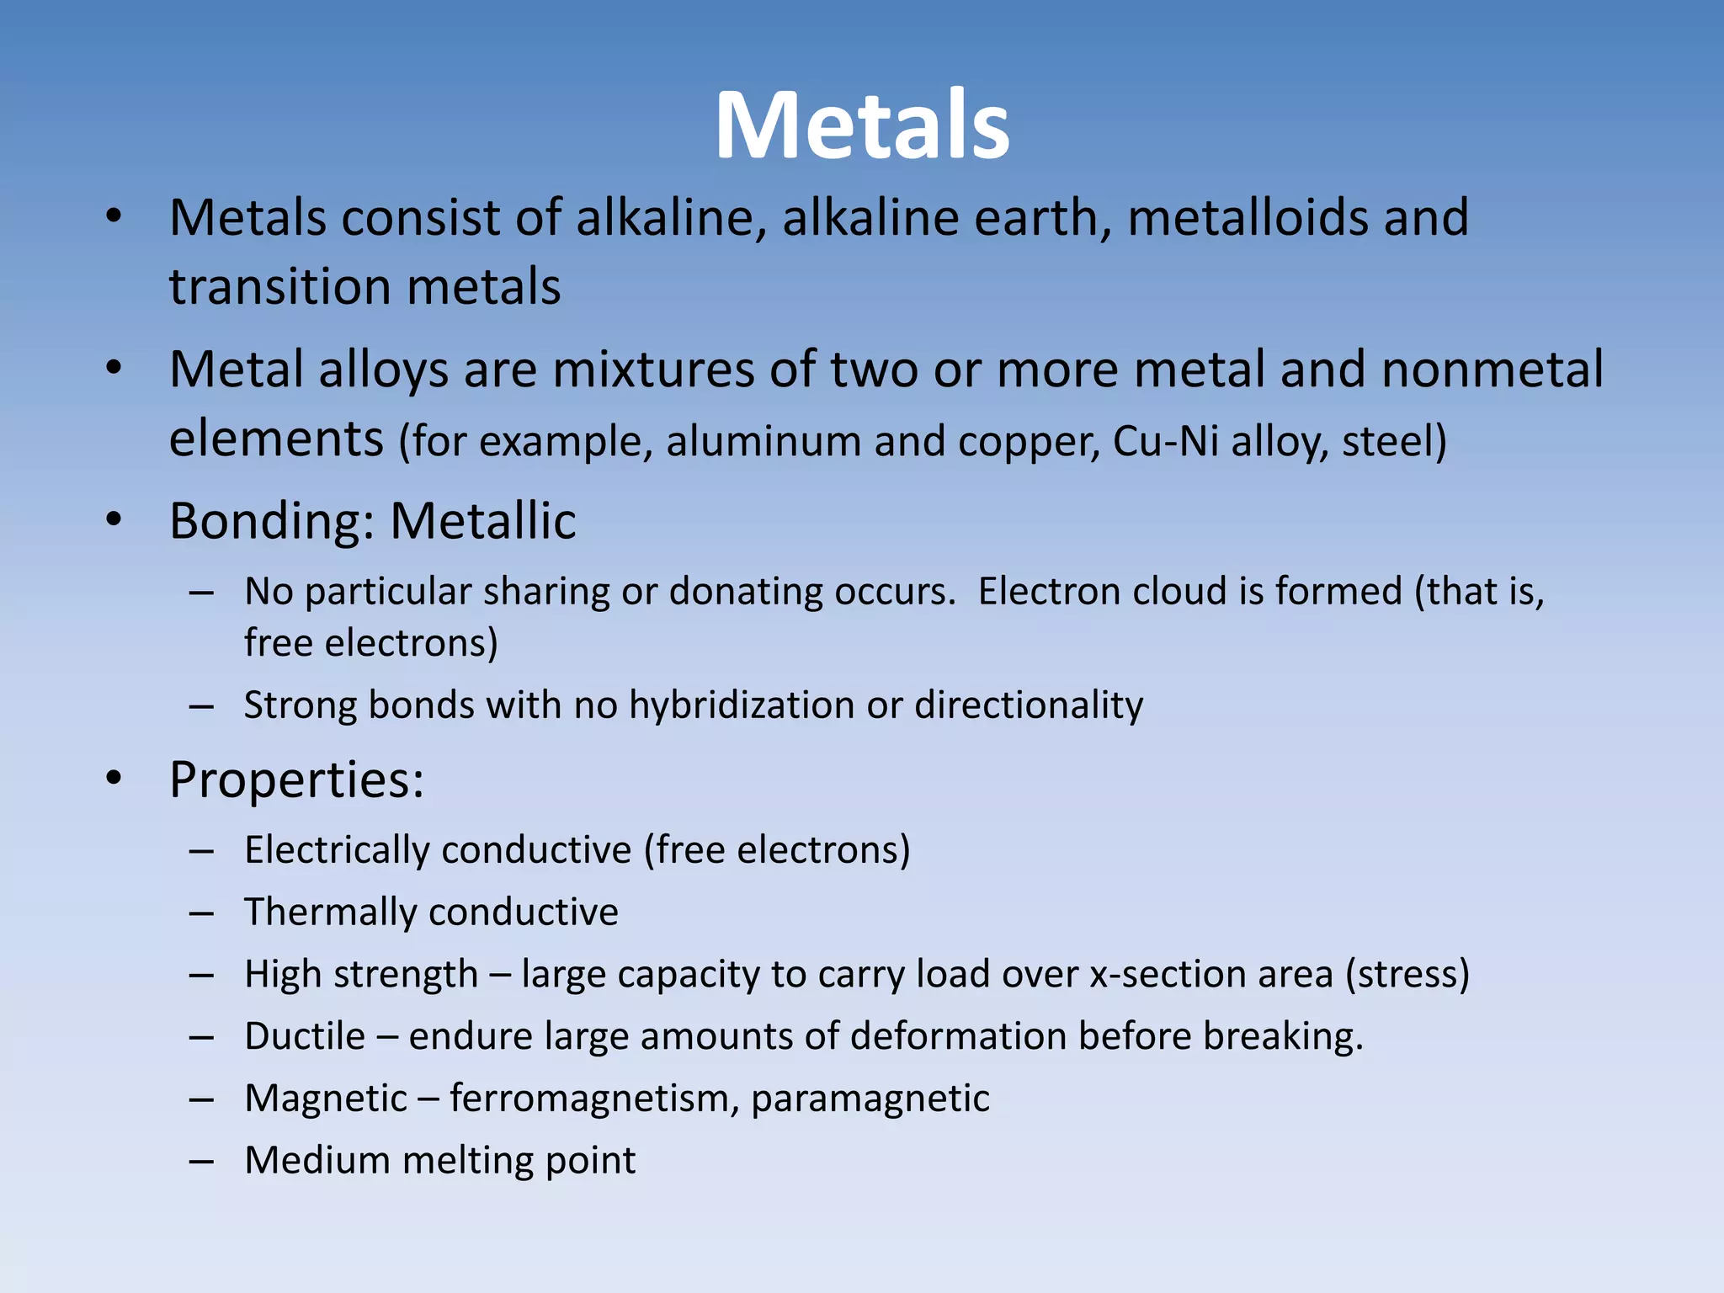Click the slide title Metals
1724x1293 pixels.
point(862,126)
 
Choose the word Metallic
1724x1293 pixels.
point(483,521)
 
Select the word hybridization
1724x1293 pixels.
point(742,705)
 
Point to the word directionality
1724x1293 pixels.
point(1029,705)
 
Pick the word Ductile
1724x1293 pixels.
point(305,1037)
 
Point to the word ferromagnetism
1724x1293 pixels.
point(593,1099)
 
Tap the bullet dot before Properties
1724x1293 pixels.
point(114,778)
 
